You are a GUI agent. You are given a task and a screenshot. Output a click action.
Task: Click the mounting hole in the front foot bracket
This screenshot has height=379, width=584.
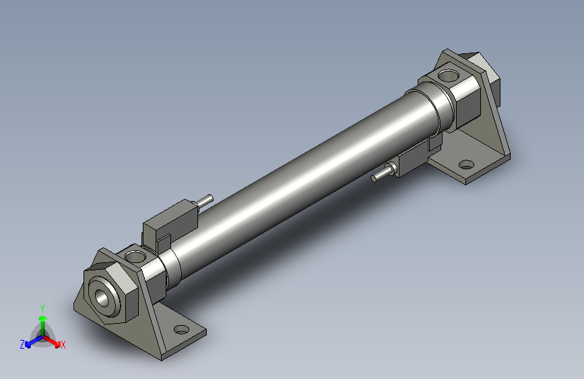181,330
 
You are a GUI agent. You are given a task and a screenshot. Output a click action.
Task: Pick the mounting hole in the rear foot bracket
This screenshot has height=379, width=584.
465,165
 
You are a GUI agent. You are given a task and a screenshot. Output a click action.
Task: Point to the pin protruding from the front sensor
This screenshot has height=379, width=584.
205,200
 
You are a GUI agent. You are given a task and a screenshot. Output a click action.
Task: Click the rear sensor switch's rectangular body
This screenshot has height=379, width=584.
412,161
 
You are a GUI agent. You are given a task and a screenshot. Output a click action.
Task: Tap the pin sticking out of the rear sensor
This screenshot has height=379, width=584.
381,175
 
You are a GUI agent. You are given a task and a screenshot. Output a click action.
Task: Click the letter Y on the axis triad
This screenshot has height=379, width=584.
42,307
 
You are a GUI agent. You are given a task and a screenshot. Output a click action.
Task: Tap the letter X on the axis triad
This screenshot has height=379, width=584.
63,345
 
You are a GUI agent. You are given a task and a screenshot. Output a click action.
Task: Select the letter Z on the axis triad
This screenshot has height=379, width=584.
22,344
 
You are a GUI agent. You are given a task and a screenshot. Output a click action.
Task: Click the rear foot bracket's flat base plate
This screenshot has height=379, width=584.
472,169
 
